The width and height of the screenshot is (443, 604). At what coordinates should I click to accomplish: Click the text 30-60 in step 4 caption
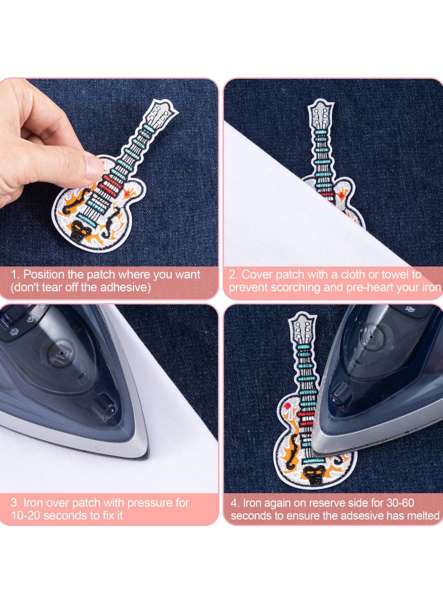[401, 503]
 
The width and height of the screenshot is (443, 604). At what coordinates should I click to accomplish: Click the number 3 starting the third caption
[13, 503]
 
